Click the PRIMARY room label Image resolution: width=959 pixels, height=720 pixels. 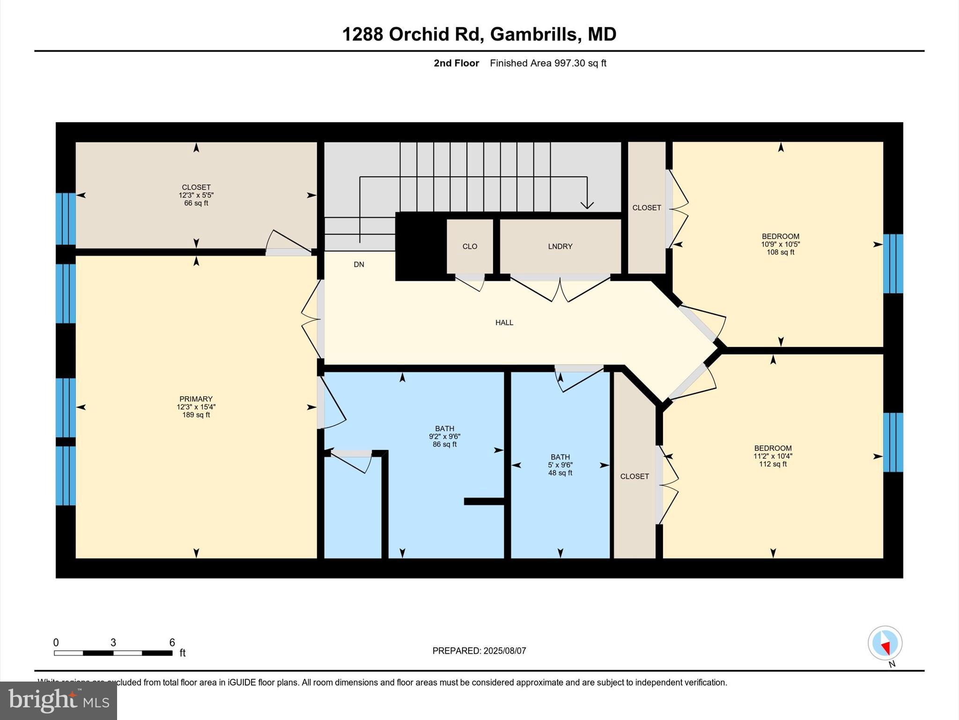click(x=196, y=399)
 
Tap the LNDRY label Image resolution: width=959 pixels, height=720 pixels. click(x=560, y=247)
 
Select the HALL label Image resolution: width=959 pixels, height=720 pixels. click(x=504, y=322)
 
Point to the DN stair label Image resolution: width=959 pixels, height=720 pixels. click(x=359, y=264)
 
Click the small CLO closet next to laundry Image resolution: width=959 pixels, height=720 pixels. click(x=470, y=247)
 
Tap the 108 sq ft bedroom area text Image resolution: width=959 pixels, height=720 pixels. click(x=780, y=252)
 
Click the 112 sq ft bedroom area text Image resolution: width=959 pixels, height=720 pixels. click(x=773, y=464)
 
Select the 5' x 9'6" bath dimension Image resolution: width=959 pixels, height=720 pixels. click(x=560, y=465)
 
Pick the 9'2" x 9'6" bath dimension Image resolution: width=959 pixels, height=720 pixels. click(x=444, y=436)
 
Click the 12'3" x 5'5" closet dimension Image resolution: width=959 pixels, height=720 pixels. click(x=196, y=195)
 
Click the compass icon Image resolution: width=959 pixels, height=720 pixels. click(x=885, y=643)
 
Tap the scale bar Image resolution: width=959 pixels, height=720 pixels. click(x=113, y=652)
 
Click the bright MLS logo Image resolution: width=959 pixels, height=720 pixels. click(x=59, y=700)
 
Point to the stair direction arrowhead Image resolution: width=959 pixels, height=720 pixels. click(x=587, y=205)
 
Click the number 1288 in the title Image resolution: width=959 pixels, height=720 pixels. click(x=363, y=34)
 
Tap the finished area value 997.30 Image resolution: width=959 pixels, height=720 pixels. click(x=570, y=63)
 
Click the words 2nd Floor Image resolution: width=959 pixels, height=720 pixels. click(x=456, y=63)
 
